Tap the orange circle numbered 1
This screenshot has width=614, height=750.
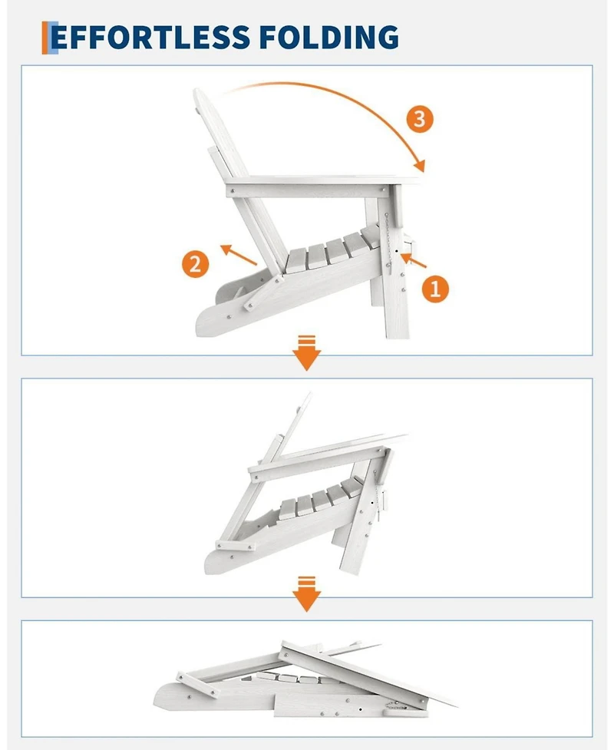[434, 289]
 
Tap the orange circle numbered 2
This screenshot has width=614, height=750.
[196, 265]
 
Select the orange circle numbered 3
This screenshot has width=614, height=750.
[418, 119]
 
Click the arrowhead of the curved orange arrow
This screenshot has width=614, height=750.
[419, 164]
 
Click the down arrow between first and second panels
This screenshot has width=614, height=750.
[307, 355]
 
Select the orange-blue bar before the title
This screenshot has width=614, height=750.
[47, 38]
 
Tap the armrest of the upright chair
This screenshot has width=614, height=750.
[322, 182]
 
